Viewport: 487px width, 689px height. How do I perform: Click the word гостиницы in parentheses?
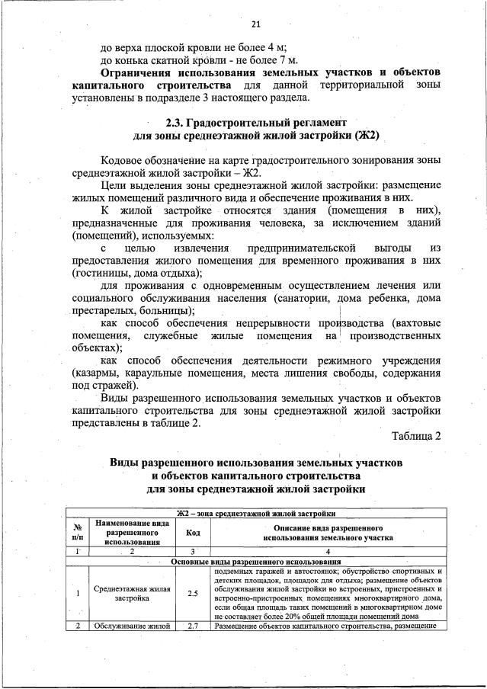point(98,272)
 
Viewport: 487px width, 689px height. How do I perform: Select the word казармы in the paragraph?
point(95,373)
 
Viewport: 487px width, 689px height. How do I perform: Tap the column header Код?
point(193,533)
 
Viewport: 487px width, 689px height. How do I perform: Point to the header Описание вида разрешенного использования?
point(327,533)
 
